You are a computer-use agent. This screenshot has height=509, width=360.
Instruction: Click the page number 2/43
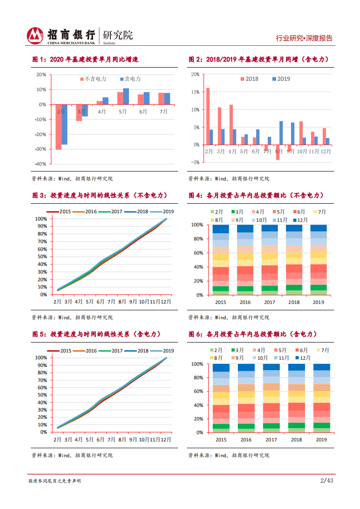point(327,480)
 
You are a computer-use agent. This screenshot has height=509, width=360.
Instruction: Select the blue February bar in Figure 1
point(64,124)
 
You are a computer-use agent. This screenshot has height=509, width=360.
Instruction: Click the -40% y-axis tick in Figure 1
point(41,164)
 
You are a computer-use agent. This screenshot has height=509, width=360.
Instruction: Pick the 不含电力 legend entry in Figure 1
point(94,79)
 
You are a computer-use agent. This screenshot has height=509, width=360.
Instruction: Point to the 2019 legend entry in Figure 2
point(281,79)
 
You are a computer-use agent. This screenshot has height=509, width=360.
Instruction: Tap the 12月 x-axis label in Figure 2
point(325,152)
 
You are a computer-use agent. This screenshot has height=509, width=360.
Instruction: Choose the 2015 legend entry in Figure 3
point(61,211)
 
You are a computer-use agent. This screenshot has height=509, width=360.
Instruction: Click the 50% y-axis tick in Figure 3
point(41,257)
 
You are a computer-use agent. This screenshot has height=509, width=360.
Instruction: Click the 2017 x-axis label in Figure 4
point(269,302)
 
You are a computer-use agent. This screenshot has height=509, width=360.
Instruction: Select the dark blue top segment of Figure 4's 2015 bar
point(221,229)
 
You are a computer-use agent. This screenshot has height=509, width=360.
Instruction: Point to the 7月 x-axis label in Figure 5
point(112,440)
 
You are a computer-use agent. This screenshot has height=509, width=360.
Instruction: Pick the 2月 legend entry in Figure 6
point(216,350)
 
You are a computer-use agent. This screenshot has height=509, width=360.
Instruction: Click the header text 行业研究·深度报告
point(304,39)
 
